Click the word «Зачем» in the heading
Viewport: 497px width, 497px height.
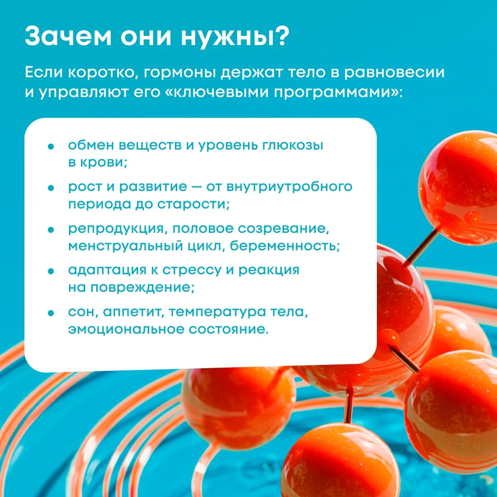coord(69,36)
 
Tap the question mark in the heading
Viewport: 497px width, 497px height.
coord(280,36)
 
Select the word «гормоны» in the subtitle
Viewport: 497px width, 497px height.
coord(180,73)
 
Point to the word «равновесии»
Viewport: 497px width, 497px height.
coord(394,73)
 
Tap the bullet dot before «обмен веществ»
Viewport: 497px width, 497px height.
coord(51,146)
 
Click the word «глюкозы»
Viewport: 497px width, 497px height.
coord(293,146)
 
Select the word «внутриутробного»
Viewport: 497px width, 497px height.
coord(289,187)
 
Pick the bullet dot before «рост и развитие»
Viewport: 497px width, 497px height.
coord(51,188)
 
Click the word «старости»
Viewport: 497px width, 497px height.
coord(193,204)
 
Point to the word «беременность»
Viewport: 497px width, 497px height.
coord(285,246)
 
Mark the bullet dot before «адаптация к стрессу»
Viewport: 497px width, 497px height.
coord(51,272)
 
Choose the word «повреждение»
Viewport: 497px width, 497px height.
coord(142,288)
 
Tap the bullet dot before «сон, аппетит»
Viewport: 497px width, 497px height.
coord(51,313)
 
